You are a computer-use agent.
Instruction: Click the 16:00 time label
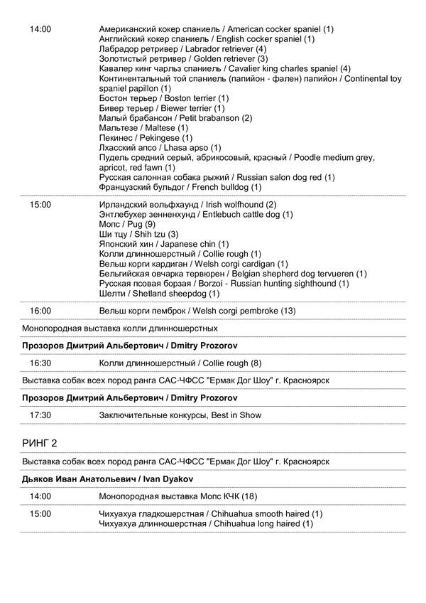[x=40, y=311]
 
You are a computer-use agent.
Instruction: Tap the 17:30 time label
[x=40, y=415]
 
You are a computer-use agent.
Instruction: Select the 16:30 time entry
[x=40, y=363]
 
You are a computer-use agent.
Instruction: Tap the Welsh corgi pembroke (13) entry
[x=197, y=311]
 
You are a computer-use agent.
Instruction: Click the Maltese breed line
[x=139, y=127]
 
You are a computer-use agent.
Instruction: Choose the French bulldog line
[x=181, y=187]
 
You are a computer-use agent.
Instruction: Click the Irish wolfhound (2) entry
[x=189, y=204]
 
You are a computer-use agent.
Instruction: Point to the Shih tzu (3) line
[x=139, y=234]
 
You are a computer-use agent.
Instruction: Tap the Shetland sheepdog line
[x=160, y=294]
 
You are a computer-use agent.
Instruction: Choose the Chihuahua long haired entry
[x=206, y=524]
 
